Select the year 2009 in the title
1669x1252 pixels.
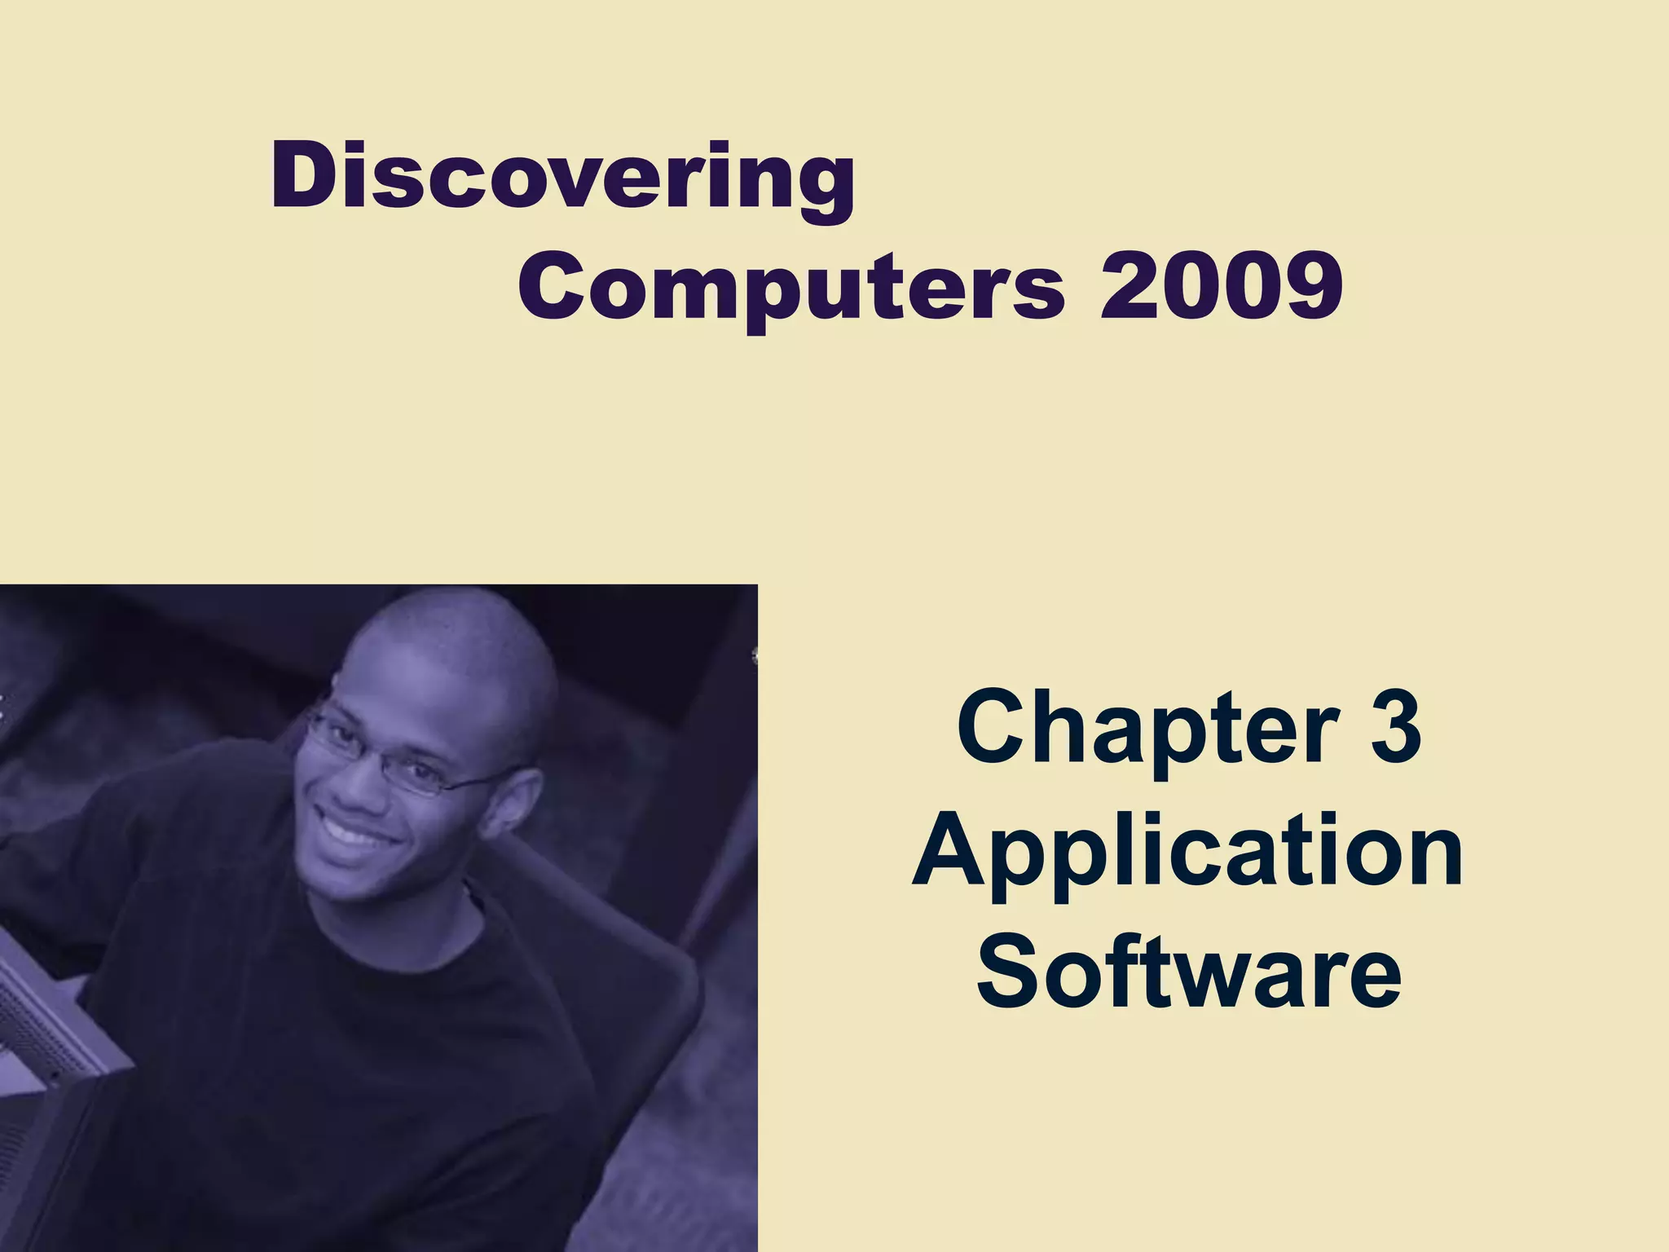(1220, 285)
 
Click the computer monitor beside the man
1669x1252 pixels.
(49, 1060)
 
